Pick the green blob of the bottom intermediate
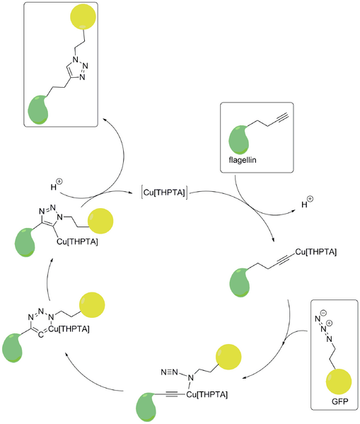(148, 408)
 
